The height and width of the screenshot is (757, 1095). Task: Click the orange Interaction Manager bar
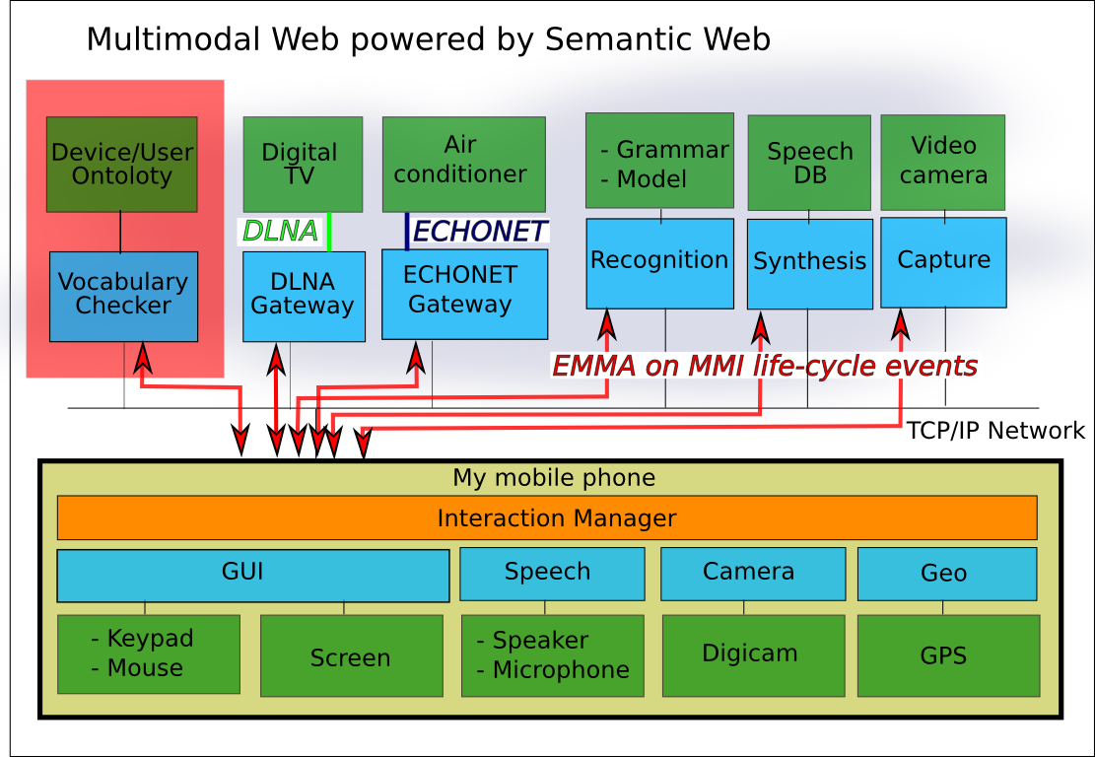pyautogui.click(x=547, y=517)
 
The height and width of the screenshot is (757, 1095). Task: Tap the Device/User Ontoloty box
pyautogui.click(x=121, y=164)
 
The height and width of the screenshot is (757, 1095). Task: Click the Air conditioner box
pyautogui.click(x=463, y=164)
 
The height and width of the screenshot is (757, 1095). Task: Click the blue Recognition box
pyautogui.click(x=659, y=262)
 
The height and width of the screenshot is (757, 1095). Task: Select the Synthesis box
pyautogui.click(x=809, y=263)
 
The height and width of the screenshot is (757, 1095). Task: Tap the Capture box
pyautogui.click(x=943, y=261)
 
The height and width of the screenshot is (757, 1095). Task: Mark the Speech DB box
pyautogui.click(x=809, y=163)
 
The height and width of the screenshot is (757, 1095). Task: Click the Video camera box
pyautogui.click(x=942, y=162)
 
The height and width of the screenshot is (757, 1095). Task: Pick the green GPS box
pyautogui.click(x=947, y=655)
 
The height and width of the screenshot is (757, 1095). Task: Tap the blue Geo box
pyautogui.click(x=946, y=574)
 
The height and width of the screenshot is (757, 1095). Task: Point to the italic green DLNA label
pyautogui.click(x=281, y=232)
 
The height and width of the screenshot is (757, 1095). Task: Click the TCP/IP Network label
pyautogui.click(x=995, y=431)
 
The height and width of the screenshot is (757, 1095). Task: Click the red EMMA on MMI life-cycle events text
pyautogui.click(x=764, y=367)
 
